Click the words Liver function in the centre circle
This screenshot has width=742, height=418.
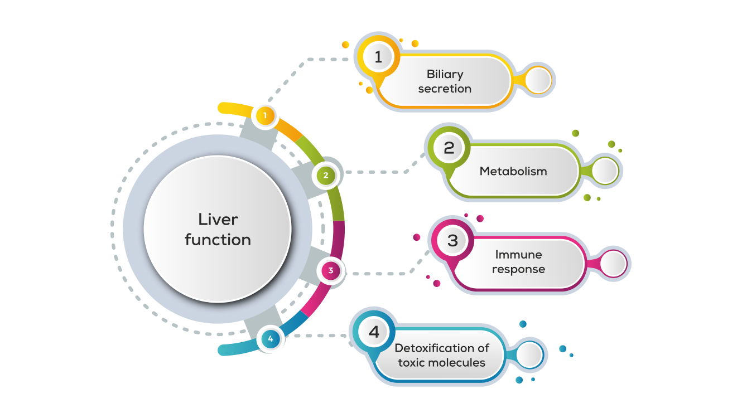click(x=218, y=230)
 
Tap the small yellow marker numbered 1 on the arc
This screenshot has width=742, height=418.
click(x=266, y=116)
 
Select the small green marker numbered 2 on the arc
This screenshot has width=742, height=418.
click(x=326, y=176)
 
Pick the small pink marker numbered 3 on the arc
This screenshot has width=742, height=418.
click(x=331, y=271)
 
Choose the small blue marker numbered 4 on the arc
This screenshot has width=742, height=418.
click(x=271, y=338)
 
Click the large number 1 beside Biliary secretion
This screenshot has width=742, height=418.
click(x=379, y=57)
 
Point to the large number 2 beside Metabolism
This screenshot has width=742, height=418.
click(x=449, y=148)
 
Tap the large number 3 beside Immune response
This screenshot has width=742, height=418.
click(x=452, y=241)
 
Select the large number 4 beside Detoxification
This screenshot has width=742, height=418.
click(x=374, y=332)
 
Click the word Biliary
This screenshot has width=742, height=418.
click(x=445, y=74)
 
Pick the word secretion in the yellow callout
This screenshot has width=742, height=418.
click(x=445, y=89)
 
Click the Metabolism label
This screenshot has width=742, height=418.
click(x=513, y=171)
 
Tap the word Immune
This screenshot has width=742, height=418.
click(x=518, y=255)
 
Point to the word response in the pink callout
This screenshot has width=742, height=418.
click(x=518, y=269)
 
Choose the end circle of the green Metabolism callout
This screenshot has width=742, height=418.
click(x=605, y=172)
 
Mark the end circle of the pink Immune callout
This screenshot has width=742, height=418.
click(x=613, y=264)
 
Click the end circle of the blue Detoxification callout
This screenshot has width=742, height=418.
click(x=529, y=355)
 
